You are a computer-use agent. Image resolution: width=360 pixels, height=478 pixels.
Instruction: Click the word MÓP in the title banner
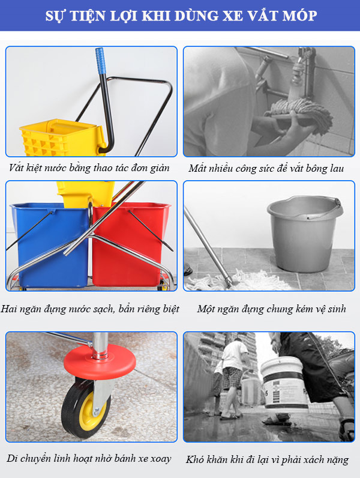pyautogui.click(x=298, y=16)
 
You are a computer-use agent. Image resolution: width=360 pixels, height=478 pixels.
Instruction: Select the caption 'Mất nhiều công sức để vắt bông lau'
pyautogui.click(x=266, y=168)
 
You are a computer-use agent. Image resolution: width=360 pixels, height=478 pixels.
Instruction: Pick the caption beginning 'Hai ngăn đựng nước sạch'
pyautogui.click(x=90, y=309)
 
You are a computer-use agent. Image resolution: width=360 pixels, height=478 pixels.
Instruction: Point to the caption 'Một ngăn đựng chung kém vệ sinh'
pyautogui.click(x=271, y=309)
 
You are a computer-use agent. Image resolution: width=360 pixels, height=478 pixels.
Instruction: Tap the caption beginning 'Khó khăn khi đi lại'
pyautogui.click(x=268, y=459)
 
